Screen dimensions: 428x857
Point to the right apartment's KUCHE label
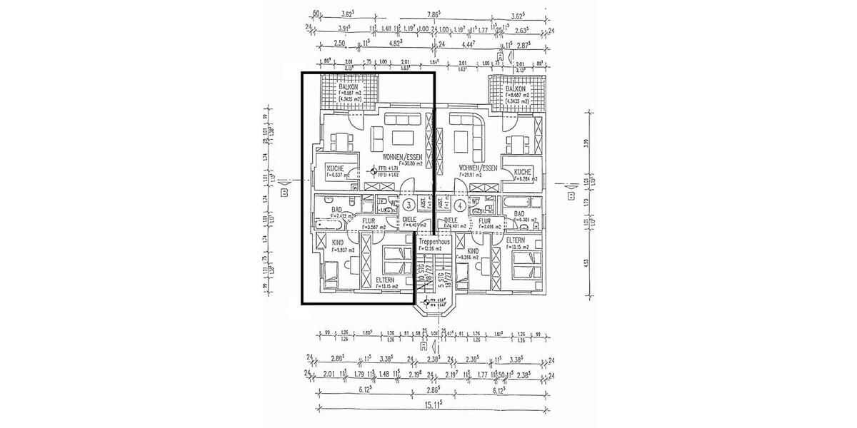[x=522, y=172]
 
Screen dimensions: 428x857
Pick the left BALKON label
[x=349, y=86]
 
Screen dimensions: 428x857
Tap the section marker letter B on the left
[x=284, y=193]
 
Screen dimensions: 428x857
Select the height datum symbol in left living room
[x=374, y=170]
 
